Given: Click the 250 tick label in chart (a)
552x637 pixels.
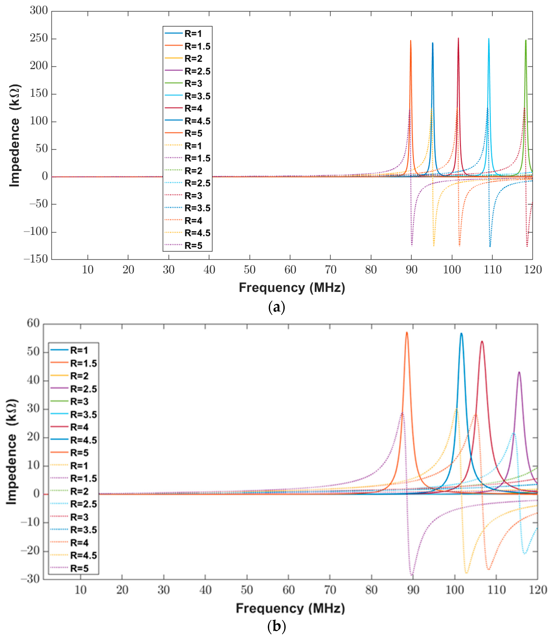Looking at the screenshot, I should click(39, 38).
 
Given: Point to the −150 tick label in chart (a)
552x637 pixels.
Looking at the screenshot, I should click(36, 259).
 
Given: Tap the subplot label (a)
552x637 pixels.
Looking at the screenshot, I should click(276, 307).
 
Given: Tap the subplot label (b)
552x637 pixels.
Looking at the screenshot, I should click(276, 626).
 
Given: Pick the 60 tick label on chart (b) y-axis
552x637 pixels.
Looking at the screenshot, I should click(33, 323).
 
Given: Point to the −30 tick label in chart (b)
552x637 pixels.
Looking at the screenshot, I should click(30, 579).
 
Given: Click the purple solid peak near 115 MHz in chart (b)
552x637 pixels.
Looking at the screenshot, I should click(519, 372).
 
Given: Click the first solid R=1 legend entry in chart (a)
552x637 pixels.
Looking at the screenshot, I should click(183, 33).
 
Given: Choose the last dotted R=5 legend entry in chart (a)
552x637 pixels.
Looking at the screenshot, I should click(183, 246).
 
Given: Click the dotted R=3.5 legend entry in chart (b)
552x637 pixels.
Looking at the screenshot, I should click(74, 530).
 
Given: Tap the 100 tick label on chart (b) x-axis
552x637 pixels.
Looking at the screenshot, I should click(455, 590).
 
